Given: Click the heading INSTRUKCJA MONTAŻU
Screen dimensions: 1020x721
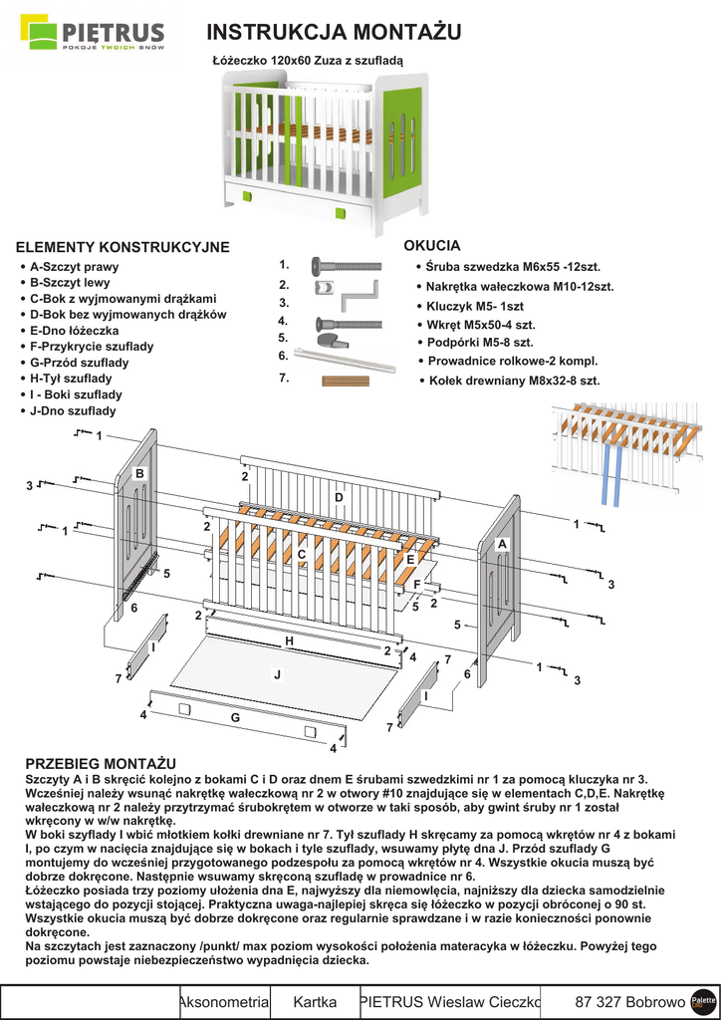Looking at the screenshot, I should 334,32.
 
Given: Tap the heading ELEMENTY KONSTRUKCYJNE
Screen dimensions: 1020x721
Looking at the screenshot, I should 122,247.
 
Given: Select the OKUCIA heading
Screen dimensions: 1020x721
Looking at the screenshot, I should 431,245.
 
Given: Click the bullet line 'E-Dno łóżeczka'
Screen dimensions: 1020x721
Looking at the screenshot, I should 74,331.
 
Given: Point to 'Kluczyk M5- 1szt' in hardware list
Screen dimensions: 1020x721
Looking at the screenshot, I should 474,306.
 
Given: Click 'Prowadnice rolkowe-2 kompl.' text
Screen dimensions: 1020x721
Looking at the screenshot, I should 512,361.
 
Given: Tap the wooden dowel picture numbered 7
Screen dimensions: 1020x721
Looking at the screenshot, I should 345,380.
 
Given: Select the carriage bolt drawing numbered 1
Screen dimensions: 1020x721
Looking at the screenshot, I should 347,266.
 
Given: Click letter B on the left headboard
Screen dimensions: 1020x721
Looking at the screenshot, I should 139,473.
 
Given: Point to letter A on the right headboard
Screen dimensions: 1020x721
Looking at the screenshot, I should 502,545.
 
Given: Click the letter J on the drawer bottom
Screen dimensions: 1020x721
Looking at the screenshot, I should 277,674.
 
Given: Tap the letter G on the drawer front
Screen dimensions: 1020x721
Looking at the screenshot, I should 235,717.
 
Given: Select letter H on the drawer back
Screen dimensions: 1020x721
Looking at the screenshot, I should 289,641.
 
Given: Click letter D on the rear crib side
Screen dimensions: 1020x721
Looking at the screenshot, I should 339,496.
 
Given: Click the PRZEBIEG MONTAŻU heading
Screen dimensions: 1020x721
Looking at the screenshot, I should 100,762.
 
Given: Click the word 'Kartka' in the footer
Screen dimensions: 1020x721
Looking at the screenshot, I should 315,1001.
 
